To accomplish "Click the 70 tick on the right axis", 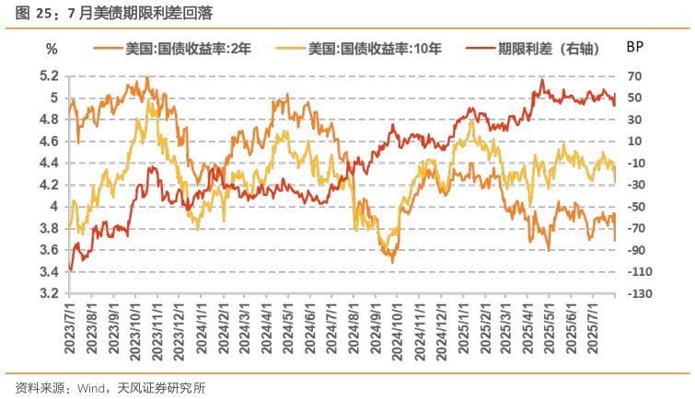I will coord(635,75).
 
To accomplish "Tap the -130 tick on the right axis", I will coord(641,293).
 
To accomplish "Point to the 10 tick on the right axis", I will coord(635,141).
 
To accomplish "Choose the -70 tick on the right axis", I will coord(638,228).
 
